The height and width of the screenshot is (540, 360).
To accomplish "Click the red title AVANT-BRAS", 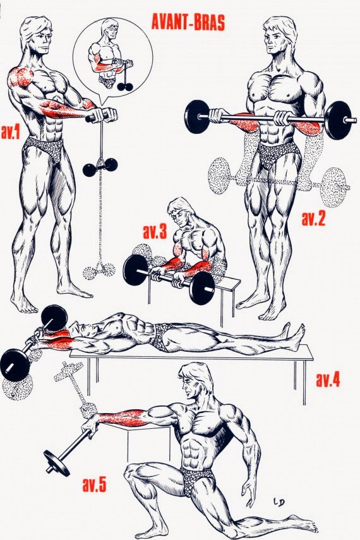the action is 188,23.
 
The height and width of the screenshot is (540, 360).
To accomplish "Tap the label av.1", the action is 11,133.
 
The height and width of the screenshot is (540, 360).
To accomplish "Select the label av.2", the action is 313,219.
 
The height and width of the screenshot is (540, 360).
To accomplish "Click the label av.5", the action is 94,484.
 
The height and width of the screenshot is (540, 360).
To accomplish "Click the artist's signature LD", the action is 279,503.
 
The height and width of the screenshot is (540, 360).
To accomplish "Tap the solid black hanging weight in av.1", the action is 100,167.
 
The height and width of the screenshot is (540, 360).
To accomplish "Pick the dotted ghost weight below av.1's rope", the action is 99,271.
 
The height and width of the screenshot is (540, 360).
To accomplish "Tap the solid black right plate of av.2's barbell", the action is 339,121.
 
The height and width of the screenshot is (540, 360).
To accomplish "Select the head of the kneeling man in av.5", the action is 195,381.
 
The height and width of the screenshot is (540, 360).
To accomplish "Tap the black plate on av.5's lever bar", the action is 56,462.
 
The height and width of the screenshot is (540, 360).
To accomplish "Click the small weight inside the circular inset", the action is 124,87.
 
